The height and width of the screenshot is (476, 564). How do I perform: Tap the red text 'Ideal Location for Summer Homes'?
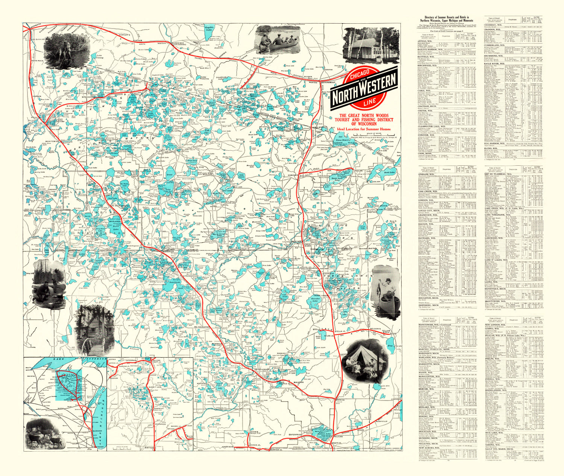coord(364,129)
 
